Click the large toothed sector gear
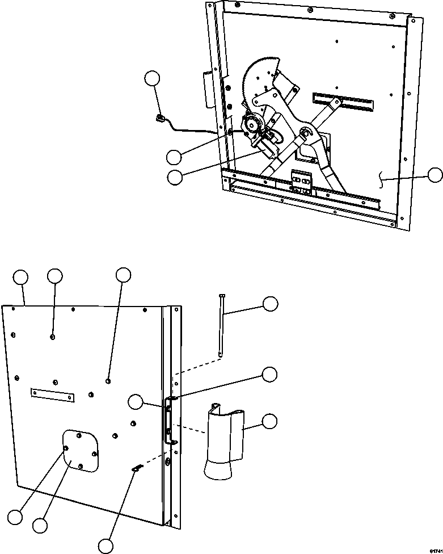click(x=259, y=77)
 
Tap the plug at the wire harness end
click(x=161, y=118)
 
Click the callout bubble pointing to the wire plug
click(x=153, y=79)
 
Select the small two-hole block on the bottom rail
click(x=301, y=181)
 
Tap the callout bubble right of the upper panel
click(x=434, y=175)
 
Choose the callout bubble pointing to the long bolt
click(x=270, y=304)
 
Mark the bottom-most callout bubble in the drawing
click(x=106, y=545)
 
